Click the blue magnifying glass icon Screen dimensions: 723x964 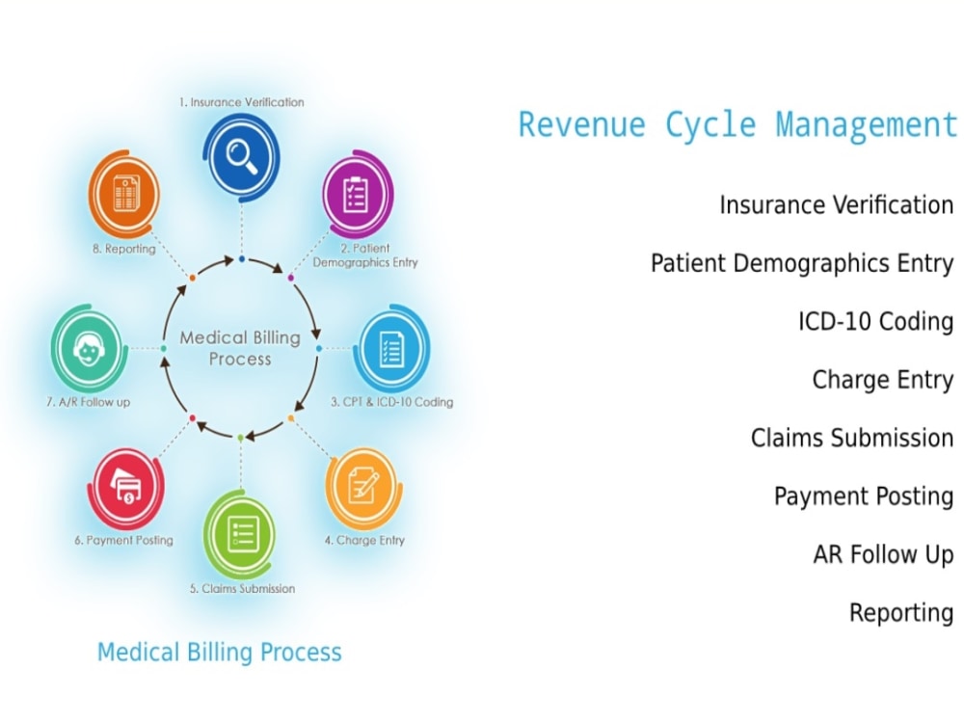pos(241,155)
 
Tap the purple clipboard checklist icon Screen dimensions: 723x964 pos(357,196)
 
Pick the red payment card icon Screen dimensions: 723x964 pos(126,488)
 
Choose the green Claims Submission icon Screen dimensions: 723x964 pos(240,532)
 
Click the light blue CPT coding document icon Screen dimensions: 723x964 pos(391,349)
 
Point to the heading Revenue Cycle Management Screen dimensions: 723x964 pos(737,125)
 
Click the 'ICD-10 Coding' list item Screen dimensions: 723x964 pos(875,321)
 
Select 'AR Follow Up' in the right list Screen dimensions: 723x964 pos(883,554)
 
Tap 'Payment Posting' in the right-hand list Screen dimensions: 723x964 pos(864,496)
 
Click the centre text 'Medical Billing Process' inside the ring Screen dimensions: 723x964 pos(240,348)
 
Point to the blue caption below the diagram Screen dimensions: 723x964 pos(220,653)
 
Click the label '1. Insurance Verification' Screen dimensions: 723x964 pos(241,102)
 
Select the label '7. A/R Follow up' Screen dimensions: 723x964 pos(88,402)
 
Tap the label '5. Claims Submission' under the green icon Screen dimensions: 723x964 pos(241,588)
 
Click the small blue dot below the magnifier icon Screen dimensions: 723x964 pos(241,259)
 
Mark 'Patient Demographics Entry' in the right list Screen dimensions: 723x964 pos(802,263)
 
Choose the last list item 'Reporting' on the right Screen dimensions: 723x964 pos(901,613)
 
